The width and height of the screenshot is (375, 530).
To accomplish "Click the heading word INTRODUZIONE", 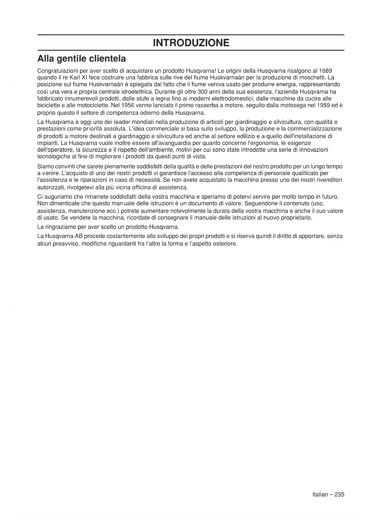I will (x=191, y=43).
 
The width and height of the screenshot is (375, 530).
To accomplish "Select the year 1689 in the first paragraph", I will (x=325, y=71).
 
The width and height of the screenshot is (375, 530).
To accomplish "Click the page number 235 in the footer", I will (x=339, y=495).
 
